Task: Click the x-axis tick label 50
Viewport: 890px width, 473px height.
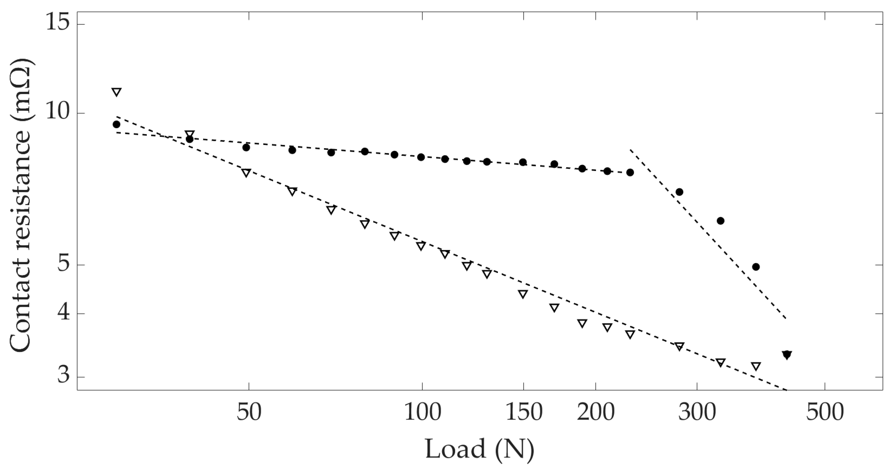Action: click(x=249, y=413)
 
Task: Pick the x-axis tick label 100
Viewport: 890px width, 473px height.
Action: click(x=422, y=413)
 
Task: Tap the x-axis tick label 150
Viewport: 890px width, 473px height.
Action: click(x=523, y=413)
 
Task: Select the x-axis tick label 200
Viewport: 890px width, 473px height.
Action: click(x=596, y=413)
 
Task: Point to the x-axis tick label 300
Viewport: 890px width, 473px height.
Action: click(x=697, y=413)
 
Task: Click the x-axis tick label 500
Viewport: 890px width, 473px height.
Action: click(x=825, y=413)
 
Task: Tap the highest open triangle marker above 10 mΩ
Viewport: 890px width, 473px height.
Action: click(x=116, y=92)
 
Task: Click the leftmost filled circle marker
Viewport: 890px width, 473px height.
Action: click(x=116, y=124)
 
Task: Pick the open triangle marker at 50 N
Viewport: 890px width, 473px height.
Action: click(x=246, y=173)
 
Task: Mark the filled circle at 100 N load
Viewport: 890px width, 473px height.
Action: click(x=421, y=157)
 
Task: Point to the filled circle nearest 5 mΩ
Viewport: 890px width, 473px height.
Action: click(x=756, y=267)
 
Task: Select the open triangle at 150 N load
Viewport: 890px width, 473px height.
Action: click(x=523, y=294)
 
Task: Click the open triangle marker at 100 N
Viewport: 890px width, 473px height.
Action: click(x=421, y=246)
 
